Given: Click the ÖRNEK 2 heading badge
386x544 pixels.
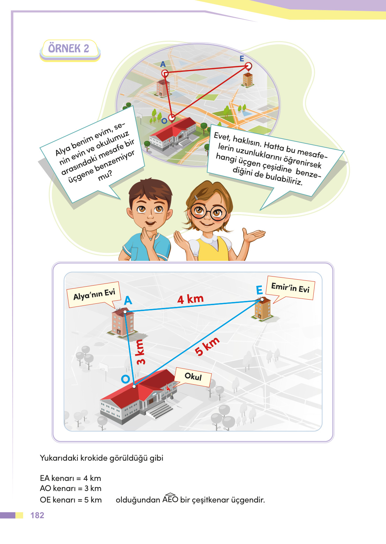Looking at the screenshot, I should tap(69, 48).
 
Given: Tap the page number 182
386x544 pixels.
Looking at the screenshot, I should tap(37, 515).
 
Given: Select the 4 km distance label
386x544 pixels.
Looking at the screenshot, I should tap(190, 299).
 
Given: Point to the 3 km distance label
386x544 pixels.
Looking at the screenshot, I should tap(140, 352).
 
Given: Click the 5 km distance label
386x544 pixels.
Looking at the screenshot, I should tap(207, 346).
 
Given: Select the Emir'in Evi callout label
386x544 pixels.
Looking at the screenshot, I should tap(290, 288).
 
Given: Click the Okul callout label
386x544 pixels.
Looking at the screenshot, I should tap(193, 377).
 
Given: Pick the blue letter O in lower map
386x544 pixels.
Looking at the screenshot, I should tap(125, 379).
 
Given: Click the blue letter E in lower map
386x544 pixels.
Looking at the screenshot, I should tap(259, 290).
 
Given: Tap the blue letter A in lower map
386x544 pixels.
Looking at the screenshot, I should tap(128, 300).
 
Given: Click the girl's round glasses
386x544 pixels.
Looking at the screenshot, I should tap(208, 212).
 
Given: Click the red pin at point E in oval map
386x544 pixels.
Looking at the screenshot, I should tap(248, 66).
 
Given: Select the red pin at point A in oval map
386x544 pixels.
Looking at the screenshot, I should tap(165, 73).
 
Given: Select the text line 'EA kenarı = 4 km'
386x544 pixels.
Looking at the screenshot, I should tap(70, 478).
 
